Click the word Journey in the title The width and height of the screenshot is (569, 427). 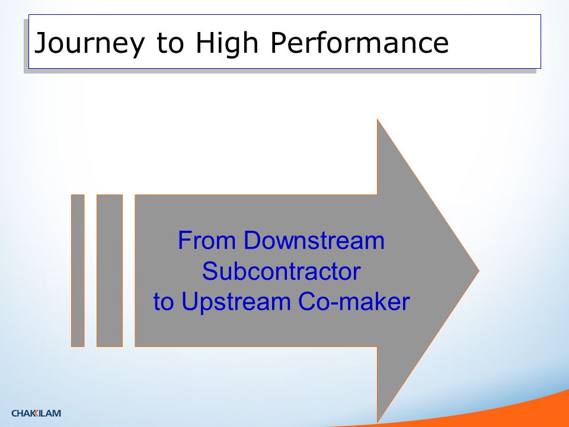[x=89, y=43]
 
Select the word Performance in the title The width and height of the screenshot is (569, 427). [x=360, y=42]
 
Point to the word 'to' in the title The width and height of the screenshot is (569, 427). [x=170, y=43]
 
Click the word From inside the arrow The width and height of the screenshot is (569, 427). [x=207, y=240]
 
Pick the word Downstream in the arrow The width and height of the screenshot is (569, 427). [x=314, y=240]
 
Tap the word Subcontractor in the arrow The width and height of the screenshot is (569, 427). [x=281, y=271]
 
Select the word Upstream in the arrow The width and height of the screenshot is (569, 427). [x=236, y=302]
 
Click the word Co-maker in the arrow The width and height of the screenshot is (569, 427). [x=354, y=301]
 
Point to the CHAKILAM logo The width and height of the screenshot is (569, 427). [x=36, y=413]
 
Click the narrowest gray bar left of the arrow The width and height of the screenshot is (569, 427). [x=78, y=270]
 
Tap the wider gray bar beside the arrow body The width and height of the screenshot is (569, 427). [x=110, y=270]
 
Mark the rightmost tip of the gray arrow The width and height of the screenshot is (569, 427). [x=479, y=270]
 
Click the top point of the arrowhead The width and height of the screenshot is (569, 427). [x=378, y=119]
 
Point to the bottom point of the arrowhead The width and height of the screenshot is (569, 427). [x=378, y=422]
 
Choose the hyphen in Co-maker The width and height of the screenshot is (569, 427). [x=334, y=304]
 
